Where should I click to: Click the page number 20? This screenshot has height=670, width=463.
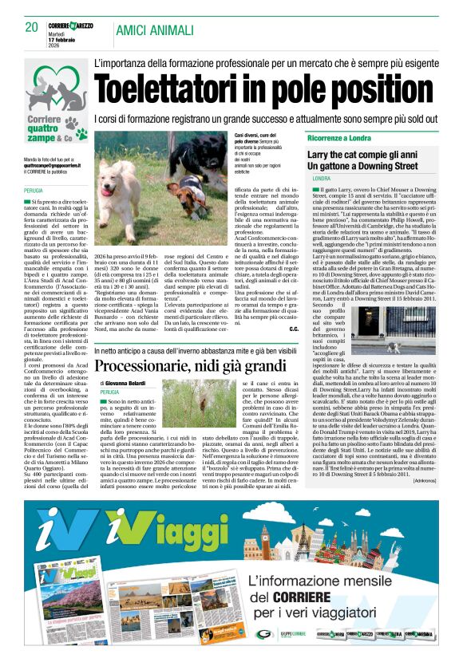click(x=32, y=26)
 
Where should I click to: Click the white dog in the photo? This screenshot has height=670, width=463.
click(x=125, y=176)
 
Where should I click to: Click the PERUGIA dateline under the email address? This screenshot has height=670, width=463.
click(x=34, y=191)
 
